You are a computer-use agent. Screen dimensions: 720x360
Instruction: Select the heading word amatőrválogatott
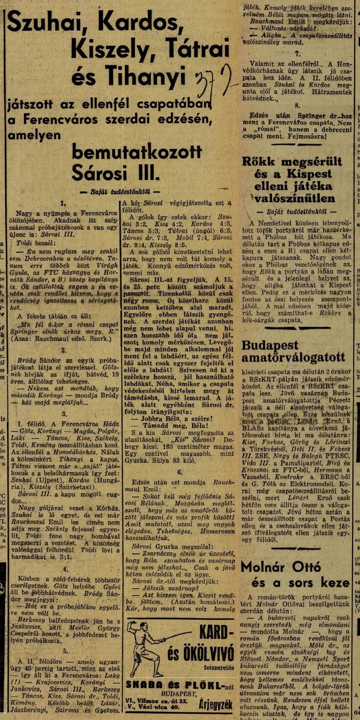[293, 358]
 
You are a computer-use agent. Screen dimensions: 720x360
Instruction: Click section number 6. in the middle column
[180, 472]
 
